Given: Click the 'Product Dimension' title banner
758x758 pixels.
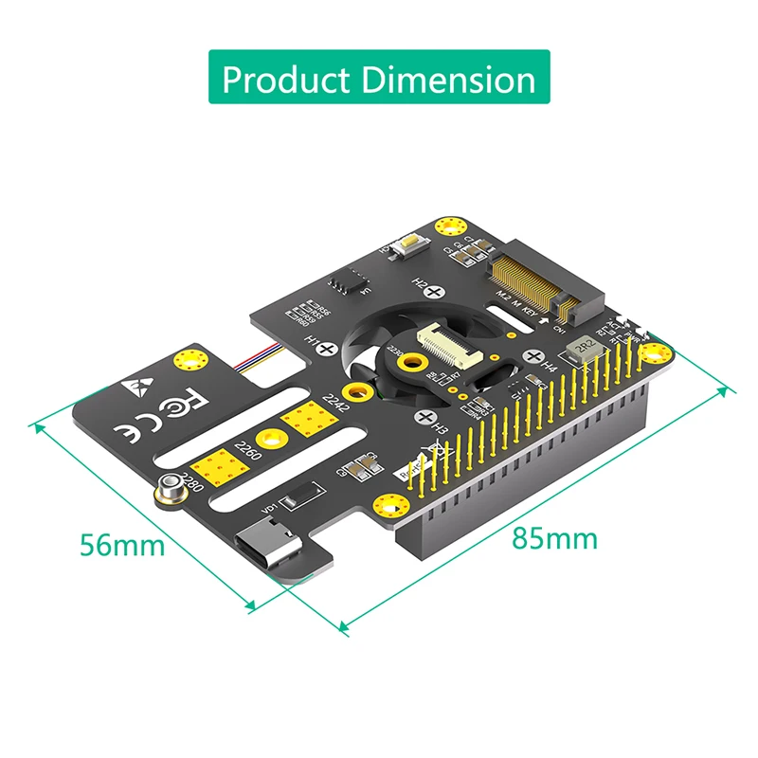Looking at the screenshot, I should (x=379, y=79).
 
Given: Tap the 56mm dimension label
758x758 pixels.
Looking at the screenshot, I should (x=122, y=546).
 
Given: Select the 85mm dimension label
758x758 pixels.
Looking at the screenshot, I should (x=555, y=538).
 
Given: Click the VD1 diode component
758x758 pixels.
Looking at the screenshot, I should (x=298, y=498).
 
